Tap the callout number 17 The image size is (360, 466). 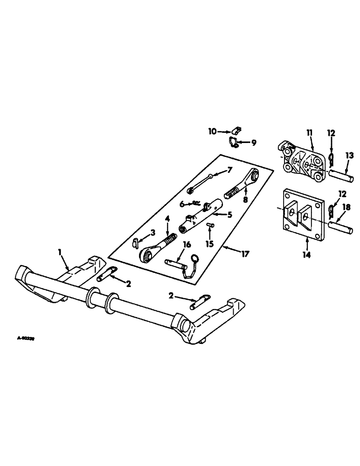[246, 254]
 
